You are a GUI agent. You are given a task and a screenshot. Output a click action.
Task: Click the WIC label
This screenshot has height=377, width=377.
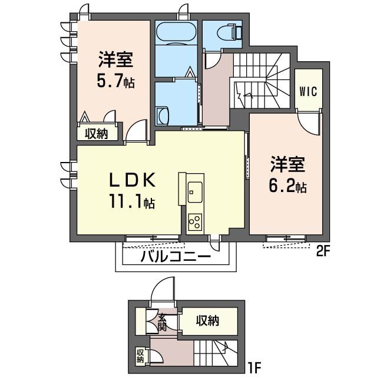309,91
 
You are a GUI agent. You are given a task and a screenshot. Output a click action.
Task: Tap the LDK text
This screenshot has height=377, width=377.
132,180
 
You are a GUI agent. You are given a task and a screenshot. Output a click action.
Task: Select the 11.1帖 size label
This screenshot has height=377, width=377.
132,201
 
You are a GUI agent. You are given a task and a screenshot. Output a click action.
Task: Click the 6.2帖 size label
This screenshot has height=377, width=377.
287,185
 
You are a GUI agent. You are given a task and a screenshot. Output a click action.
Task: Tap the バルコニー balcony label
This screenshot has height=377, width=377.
176,257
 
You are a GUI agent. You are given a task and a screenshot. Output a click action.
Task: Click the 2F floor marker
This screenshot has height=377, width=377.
322,252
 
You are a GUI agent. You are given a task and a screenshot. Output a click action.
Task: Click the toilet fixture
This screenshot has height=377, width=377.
229,31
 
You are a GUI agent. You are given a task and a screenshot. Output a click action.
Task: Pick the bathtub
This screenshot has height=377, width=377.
176,33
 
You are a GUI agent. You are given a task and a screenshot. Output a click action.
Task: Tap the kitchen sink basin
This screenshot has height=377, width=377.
195,192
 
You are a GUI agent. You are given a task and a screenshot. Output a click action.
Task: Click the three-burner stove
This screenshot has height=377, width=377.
195,222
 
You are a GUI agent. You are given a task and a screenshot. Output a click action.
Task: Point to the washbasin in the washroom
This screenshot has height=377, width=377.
163,117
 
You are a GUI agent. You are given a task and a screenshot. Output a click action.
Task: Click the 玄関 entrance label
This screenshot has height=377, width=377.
163,322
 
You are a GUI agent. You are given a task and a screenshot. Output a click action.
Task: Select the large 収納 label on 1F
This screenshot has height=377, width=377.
207,320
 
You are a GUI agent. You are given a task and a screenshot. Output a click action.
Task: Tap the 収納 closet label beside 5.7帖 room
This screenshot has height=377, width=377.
96,134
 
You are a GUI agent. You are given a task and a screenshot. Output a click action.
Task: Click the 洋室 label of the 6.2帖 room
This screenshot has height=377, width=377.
287,164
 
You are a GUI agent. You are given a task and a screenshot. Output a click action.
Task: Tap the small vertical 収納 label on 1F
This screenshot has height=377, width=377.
140,356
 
